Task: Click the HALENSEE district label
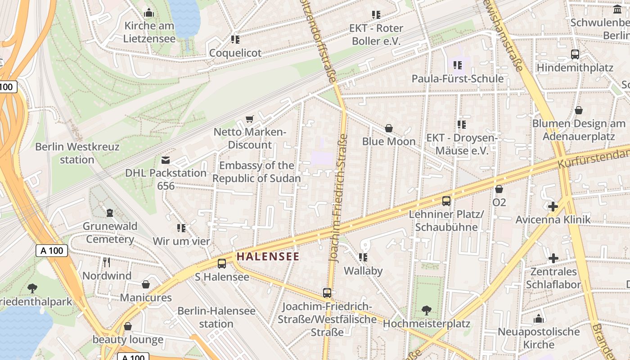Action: click(268, 256)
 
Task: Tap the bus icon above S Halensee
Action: click(222, 264)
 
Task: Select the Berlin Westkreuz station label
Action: click(77, 153)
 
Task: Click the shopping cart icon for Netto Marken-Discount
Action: click(250, 119)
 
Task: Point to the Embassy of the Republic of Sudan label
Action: click(256, 172)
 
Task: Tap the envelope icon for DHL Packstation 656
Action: click(166, 160)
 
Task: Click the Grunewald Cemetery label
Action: click(110, 233)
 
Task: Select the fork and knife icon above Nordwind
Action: click(107, 262)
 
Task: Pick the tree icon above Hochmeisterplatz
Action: click(426, 310)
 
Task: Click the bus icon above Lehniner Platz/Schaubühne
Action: click(446, 201)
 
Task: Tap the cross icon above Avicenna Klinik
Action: click(553, 207)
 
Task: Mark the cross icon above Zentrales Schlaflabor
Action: click(553, 258)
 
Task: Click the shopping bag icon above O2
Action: click(499, 189)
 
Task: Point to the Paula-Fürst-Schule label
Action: click(458, 79)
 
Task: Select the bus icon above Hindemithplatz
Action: click(575, 54)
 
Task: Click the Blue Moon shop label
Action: click(389, 141)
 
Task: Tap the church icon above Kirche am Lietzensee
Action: click(149, 13)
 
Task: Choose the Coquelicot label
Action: click(235, 53)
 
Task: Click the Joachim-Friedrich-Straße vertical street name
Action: click(338, 198)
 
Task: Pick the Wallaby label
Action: click(363, 270)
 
